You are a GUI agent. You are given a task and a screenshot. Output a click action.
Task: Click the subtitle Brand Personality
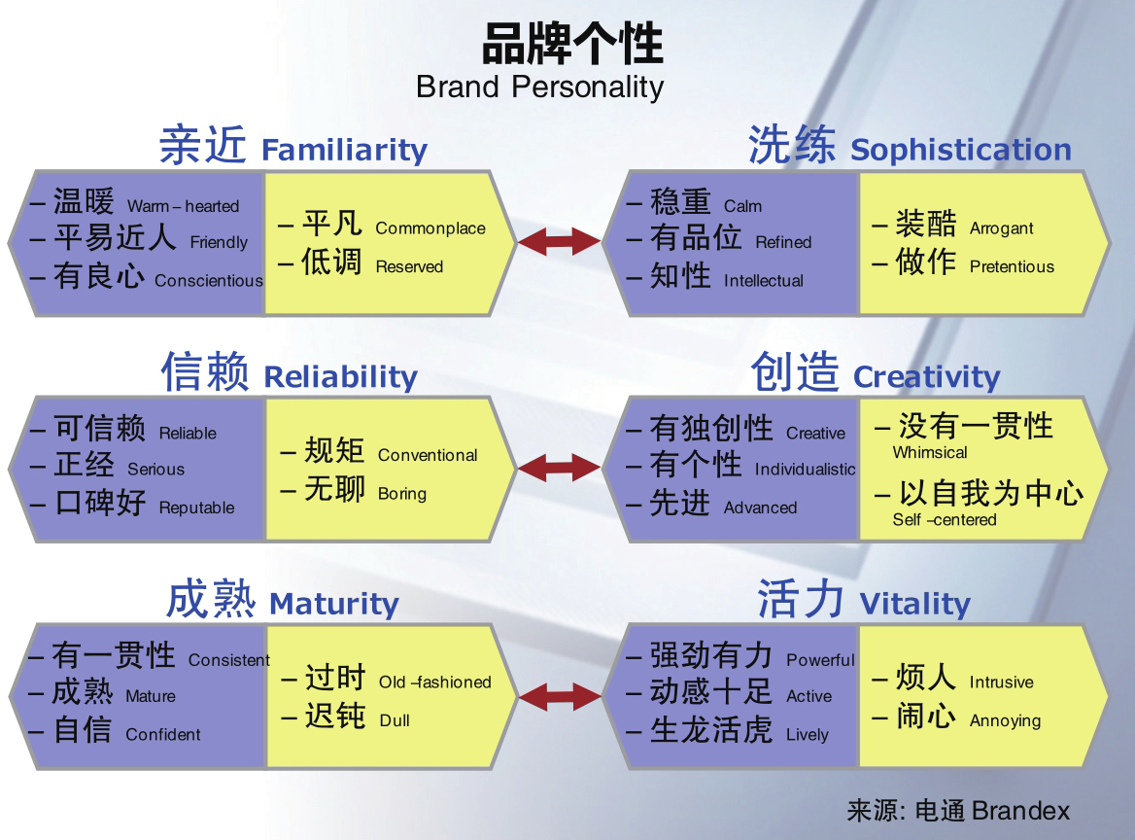coord(539,87)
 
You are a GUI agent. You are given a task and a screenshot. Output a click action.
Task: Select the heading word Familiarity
coord(344,150)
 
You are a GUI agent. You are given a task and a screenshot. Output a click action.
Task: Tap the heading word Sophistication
coord(960,150)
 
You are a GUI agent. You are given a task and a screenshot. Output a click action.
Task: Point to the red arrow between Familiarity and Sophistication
coord(559,241)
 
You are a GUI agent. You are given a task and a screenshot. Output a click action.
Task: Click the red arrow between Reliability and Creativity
coord(559,468)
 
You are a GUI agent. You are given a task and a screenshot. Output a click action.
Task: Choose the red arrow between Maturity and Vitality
coord(559,695)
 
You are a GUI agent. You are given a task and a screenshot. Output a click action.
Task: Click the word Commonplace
coord(430,228)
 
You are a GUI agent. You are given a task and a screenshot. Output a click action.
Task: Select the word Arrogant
coord(1001,228)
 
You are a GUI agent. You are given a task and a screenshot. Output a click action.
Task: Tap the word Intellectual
coord(763,281)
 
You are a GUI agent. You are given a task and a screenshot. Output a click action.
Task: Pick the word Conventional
coord(428,455)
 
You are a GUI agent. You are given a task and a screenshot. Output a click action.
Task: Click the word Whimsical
coord(930,452)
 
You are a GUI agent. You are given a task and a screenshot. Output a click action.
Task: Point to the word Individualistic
coord(805,470)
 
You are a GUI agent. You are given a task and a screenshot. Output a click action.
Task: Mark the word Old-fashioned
coord(434,682)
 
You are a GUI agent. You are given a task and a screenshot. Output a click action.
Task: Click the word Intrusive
coord(1001,682)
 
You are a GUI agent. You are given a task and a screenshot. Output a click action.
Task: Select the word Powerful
coord(820,660)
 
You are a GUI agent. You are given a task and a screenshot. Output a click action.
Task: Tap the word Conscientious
coord(208,281)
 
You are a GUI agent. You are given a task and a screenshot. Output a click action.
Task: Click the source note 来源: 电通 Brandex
coord(957,811)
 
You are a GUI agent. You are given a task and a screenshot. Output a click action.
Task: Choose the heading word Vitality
coord(914,604)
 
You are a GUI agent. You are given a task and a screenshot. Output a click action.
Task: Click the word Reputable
coord(196,507)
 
